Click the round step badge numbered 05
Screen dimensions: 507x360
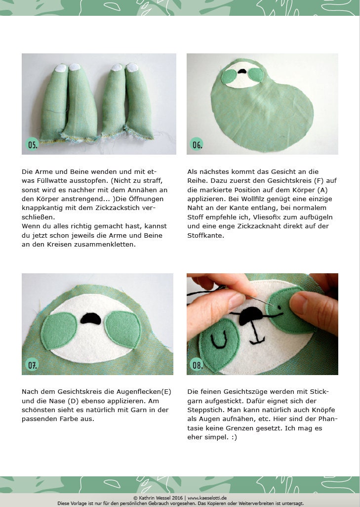tap(33, 145)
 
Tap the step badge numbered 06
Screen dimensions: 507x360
tap(197, 144)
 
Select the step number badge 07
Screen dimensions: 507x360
tap(33, 365)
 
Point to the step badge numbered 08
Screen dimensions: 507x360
tap(197, 365)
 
